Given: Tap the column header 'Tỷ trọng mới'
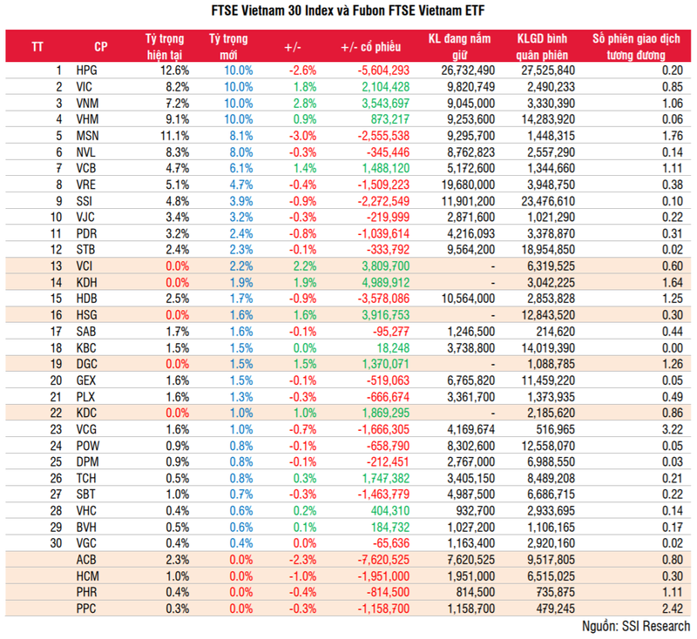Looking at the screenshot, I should coord(229,45).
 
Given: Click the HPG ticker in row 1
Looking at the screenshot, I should coord(87,70).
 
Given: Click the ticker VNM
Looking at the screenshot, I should coord(88,103).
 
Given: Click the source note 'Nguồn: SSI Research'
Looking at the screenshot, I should coord(635,626).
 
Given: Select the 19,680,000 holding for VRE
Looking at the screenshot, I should coord(463,185).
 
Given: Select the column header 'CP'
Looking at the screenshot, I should coord(100,45).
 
